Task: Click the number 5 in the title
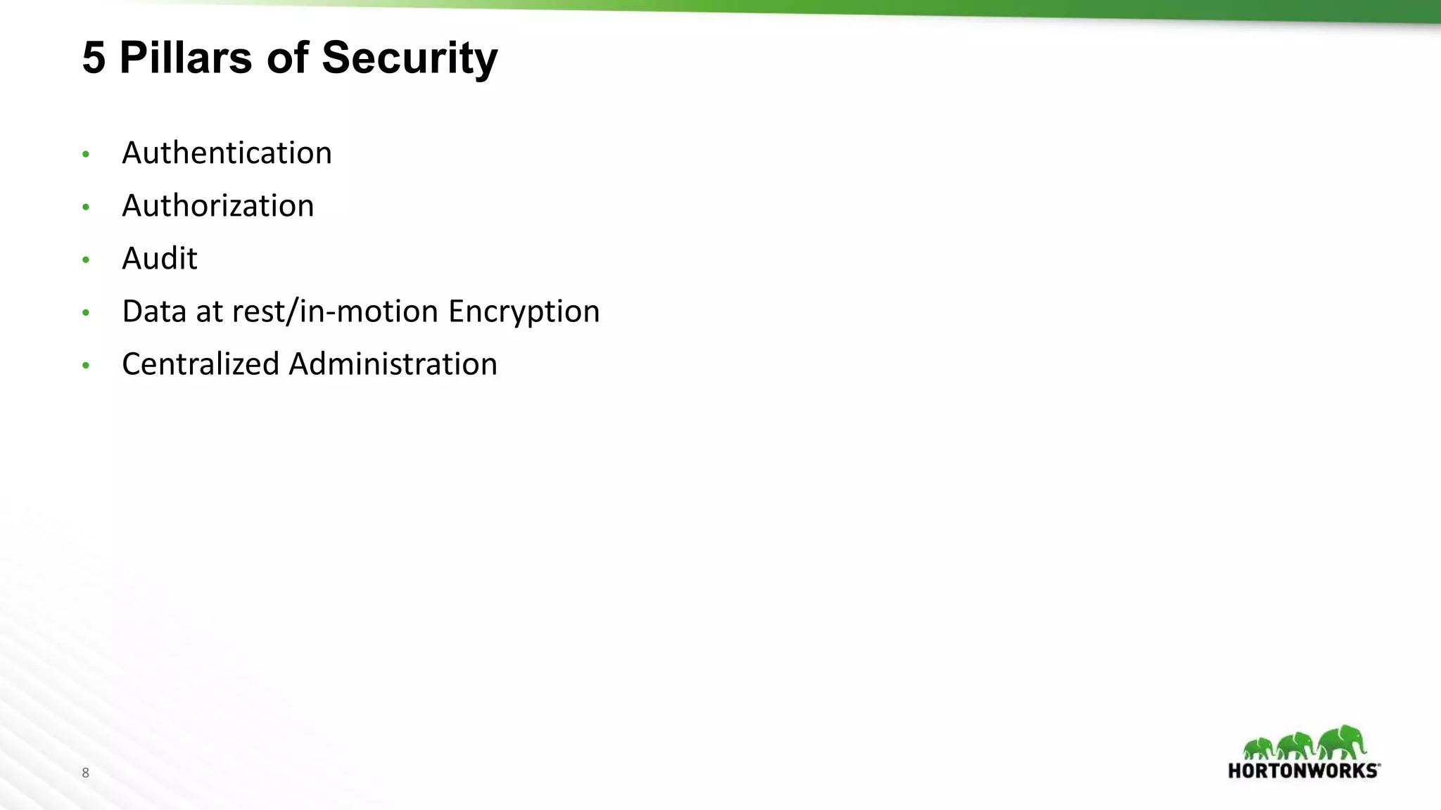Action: pyautogui.click(x=94, y=58)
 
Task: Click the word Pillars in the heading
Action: pyautogui.click(x=186, y=58)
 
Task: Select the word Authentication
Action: pyautogui.click(x=227, y=153)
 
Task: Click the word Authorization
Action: pyautogui.click(x=218, y=205)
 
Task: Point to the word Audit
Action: pyautogui.click(x=160, y=258)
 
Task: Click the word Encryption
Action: pyautogui.click(x=524, y=311)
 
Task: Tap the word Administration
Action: pyautogui.click(x=393, y=364)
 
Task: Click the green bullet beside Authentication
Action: pyautogui.click(x=86, y=154)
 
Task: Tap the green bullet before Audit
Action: pyautogui.click(x=86, y=259)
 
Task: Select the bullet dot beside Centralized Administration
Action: pyautogui.click(x=86, y=365)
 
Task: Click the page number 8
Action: pyautogui.click(x=86, y=773)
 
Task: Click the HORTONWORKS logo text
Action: pyautogui.click(x=1304, y=771)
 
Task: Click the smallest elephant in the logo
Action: pyautogui.click(x=1259, y=748)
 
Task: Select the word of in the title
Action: pyautogui.click(x=287, y=58)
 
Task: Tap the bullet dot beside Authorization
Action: pyautogui.click(x=86, y=207)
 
